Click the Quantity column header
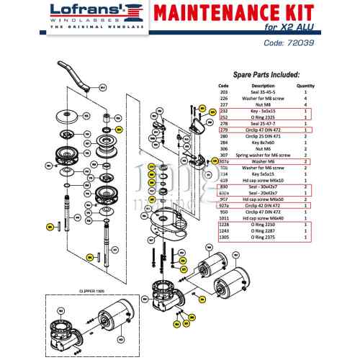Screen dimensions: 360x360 (306, 86)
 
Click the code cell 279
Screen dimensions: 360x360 (223, 130)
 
